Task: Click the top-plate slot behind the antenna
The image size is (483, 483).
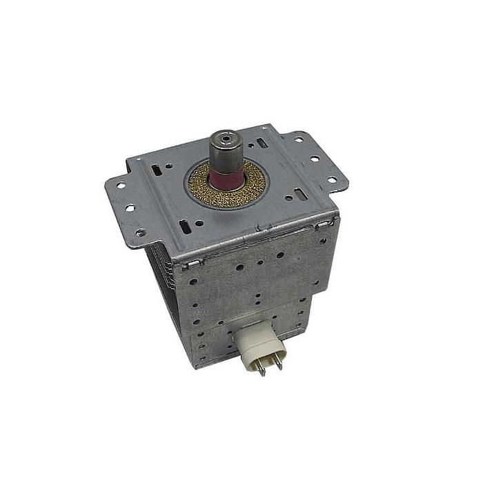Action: pos(261,143)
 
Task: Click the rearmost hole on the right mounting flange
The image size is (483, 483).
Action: pos(299,139)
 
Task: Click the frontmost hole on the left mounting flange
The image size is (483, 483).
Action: pos(141,233)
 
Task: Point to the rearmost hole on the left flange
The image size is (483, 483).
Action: pos(119,185)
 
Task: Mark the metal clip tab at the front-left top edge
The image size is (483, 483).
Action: pos(194,263)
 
